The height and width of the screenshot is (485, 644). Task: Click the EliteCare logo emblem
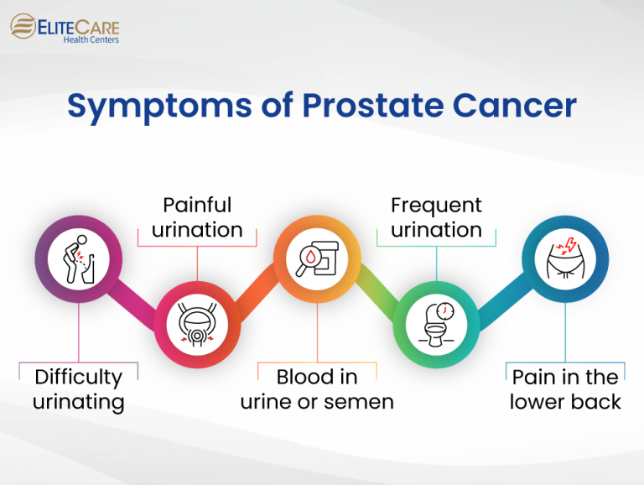[x=23, y=27]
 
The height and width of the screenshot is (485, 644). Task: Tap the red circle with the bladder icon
[x=197, y=325]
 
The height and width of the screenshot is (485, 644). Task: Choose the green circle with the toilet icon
[x=436, y=325]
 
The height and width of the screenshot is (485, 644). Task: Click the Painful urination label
[x=197, y=217]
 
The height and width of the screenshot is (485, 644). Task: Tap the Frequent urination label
[x=436, y=217]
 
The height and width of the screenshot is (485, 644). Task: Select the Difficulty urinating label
[x=78, y=389]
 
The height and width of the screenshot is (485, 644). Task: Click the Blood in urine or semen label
[x=317, y=389]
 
